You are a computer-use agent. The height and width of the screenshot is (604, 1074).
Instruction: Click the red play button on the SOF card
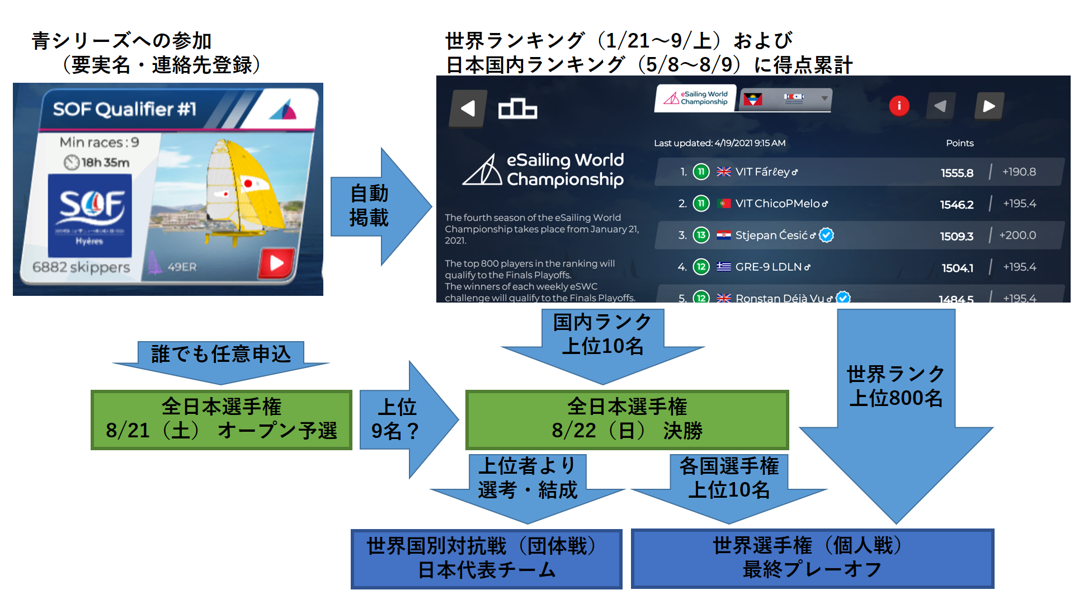click(276, 263)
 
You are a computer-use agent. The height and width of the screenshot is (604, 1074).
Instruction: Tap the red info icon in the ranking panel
click(899, 106)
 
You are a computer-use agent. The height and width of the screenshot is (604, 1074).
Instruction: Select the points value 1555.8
click(957, 173)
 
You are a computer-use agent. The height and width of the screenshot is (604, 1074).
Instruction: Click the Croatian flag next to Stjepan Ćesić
click(724, 235)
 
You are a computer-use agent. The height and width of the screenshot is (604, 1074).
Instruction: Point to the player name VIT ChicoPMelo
click(778, 204)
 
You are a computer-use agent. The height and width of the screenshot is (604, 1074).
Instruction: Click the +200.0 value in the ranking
click(1018, 235)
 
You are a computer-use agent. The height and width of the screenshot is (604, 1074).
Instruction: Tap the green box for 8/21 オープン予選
click(222, 419)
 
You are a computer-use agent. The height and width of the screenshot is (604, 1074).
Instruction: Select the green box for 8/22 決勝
click(626, 419)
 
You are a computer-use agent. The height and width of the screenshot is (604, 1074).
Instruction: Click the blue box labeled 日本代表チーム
click(486, 559)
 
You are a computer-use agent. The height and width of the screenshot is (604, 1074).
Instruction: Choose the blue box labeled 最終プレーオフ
click(812, 558)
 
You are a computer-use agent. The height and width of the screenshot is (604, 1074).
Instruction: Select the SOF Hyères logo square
click(90, 216)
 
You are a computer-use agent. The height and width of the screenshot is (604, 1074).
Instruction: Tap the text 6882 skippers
click(81, 267)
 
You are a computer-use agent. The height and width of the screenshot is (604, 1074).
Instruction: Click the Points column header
click(959, 143)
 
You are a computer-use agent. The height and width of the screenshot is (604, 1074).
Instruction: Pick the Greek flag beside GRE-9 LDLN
click(724, 267)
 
